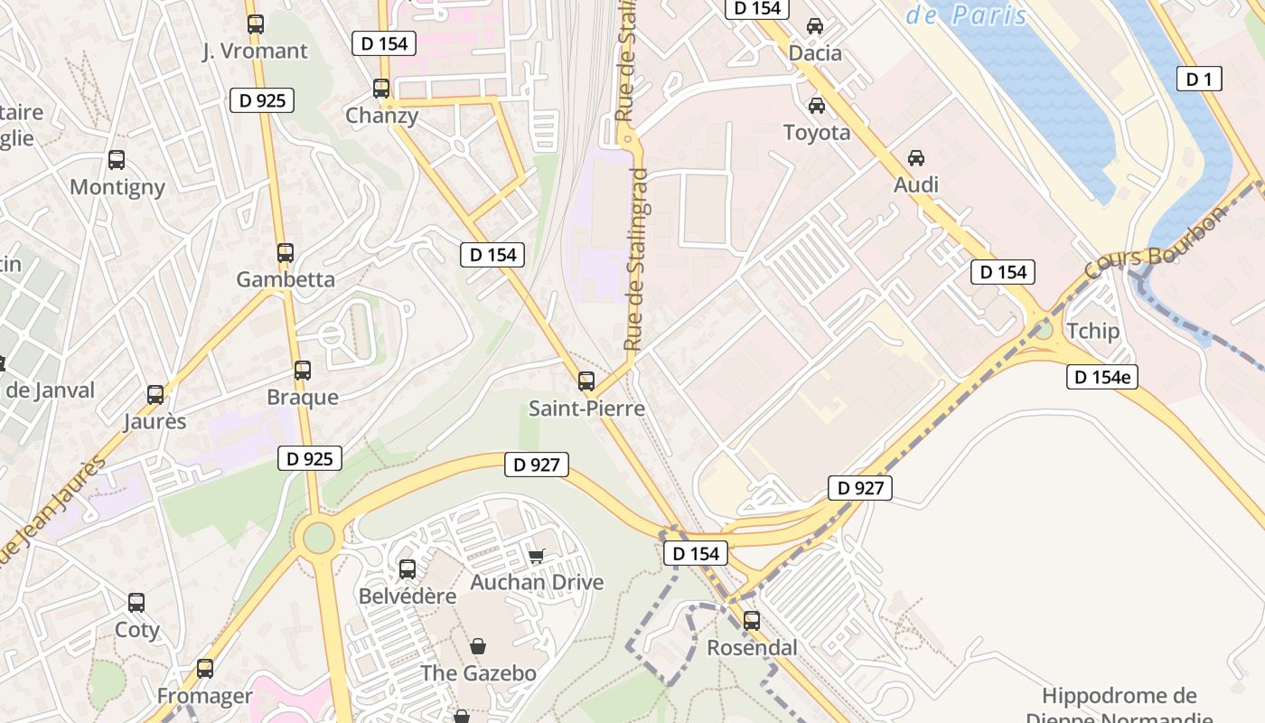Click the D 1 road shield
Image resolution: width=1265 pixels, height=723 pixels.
(x=1199, y=80)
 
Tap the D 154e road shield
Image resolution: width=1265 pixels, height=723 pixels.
(x=1101, y=377)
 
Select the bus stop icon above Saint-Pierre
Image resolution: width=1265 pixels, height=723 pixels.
(x=586, y=381)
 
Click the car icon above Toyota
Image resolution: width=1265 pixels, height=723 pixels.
(x=817, y=106)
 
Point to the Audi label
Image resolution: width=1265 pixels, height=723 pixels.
(x=916, y=185)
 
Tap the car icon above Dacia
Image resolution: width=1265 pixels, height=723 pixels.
(x=815, y=26)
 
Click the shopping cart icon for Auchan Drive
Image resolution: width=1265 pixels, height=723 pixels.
(x=537, y=556)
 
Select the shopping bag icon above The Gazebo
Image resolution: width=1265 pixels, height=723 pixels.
(x=478, y=646)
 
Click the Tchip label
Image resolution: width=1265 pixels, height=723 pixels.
(x=1092, y=331)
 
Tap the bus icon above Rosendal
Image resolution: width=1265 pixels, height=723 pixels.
(x=752, y=621)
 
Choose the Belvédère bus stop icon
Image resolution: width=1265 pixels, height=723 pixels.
(x=408, y=569)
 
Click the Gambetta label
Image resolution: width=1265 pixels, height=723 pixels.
(x=286, y=279)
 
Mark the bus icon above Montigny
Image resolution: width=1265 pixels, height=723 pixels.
(x=117, y=160)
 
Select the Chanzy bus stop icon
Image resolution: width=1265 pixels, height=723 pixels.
(x=381, y=89)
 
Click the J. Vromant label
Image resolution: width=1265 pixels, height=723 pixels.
(x=255, y=52)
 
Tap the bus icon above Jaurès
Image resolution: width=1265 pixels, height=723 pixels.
(x=155, y=395)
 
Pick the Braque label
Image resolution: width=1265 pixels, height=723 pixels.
(x=303, y=398)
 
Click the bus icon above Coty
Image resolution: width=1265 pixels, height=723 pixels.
(x=136, y=603)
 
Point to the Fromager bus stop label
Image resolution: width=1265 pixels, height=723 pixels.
(x=205, y=696)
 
